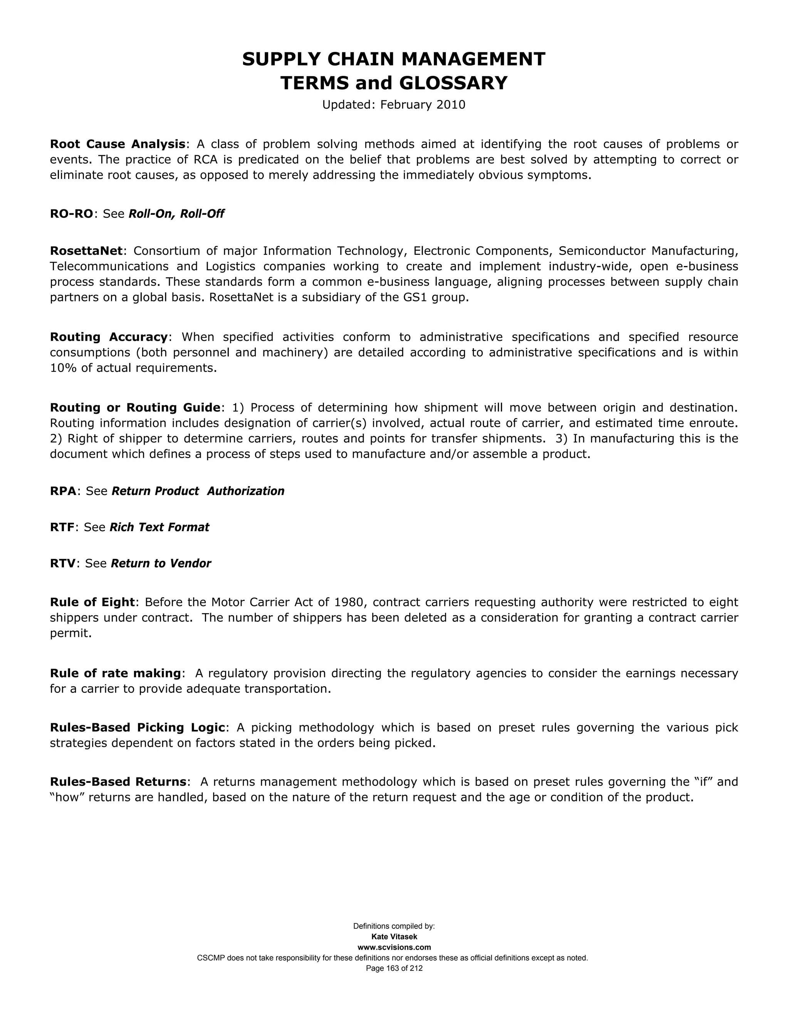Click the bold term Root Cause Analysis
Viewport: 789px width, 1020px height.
pos(118,144)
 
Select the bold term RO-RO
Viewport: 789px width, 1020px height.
pos(72,214)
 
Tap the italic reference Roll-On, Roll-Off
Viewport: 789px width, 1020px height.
pos(176,214)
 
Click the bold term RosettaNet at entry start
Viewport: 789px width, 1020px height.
pos(86,251)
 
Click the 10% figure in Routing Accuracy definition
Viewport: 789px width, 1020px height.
pos(63,368)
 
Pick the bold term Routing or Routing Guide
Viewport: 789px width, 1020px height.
pos(134,407)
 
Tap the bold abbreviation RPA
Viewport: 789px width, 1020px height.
pos(63,491)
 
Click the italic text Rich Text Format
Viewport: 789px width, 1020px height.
pos(159,527)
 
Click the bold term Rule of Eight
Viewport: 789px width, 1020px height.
pos(92,602)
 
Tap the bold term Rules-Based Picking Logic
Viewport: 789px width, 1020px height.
pos(138,727)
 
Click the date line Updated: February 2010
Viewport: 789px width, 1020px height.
pos(394,105)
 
